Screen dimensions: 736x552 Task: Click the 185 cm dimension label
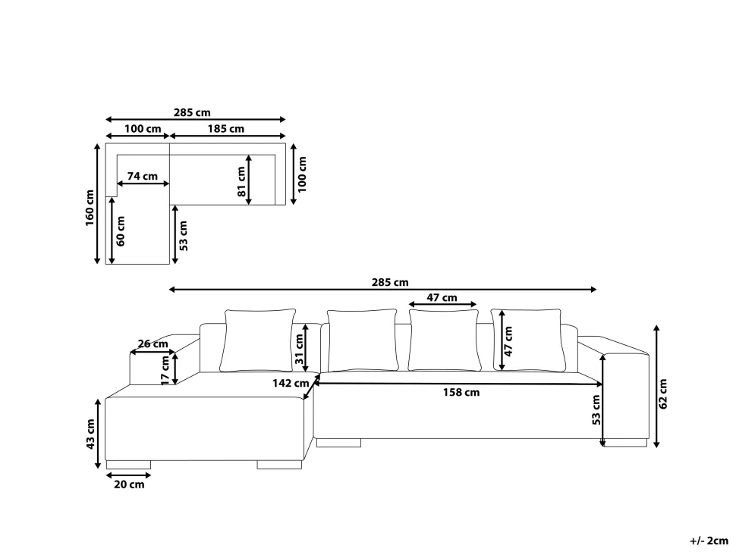point(226,128)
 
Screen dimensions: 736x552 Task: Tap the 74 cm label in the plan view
point(142,177)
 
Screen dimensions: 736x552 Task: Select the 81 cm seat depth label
point(242,181)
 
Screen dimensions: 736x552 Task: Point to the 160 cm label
point(90,207)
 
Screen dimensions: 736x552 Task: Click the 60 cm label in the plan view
point(121,231)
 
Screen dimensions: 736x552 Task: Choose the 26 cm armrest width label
point(153,343)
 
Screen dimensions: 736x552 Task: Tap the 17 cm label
point(165,370)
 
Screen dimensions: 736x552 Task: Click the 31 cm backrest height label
point(300,350)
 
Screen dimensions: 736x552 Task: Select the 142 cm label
point(291,383)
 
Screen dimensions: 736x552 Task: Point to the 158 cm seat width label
point(461,393)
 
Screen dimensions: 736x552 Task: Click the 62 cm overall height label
point(662,394)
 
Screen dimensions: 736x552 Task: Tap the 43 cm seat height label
point(90,434)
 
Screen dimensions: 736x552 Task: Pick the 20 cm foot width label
point(129,485)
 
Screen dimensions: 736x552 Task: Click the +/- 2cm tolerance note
point(709,541)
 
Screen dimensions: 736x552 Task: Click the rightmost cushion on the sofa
point(529,340)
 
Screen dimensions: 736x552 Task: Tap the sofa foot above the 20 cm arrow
point(128,465)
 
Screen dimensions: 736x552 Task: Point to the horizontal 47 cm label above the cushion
point(442,297)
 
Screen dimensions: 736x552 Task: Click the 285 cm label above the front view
point(390,282)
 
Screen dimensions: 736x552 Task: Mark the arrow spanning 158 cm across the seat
point(458,384)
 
